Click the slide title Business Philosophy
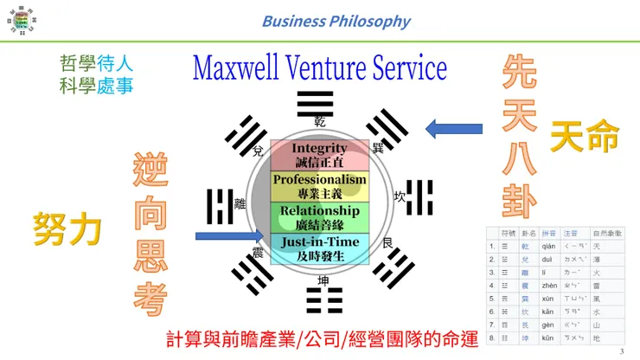pos(336,21)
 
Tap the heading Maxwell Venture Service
pos(319,68)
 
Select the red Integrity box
pos(319,155)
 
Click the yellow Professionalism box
pos(319,186)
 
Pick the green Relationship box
pos(319,216)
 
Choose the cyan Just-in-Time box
pos(319,247)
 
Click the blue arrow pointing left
pos(454,130)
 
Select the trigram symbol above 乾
pos(316,103)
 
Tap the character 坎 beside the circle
pos(400,196)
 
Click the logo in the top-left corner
pos(19,19)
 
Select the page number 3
pos(622,350)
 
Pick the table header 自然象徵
pos(614,234)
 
